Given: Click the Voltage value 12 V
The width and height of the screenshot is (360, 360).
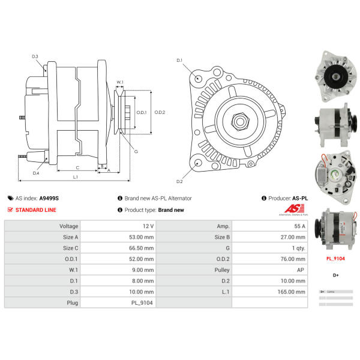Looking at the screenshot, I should [147, 226].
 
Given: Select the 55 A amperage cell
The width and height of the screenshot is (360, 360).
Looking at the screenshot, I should [299, 226].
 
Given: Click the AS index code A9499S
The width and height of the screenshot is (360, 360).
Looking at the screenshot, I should [49, 197].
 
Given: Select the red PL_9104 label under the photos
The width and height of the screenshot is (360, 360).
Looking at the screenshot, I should [335, 259].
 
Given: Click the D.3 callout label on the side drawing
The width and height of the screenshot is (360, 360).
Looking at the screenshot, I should [35, 56].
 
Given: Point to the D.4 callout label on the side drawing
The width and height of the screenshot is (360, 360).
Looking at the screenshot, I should [35, 173].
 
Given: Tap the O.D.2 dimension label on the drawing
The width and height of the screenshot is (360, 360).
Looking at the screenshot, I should [160, 112].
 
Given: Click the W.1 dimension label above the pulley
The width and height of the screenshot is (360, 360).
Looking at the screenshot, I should [120, 82].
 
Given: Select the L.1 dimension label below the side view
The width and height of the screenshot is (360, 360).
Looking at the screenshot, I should [76, 177].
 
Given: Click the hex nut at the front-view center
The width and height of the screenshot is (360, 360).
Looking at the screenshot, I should [239, 121].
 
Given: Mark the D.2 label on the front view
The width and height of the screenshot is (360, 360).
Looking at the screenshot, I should [179, 181].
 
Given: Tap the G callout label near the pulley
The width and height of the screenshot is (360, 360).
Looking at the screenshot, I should [136, 151].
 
